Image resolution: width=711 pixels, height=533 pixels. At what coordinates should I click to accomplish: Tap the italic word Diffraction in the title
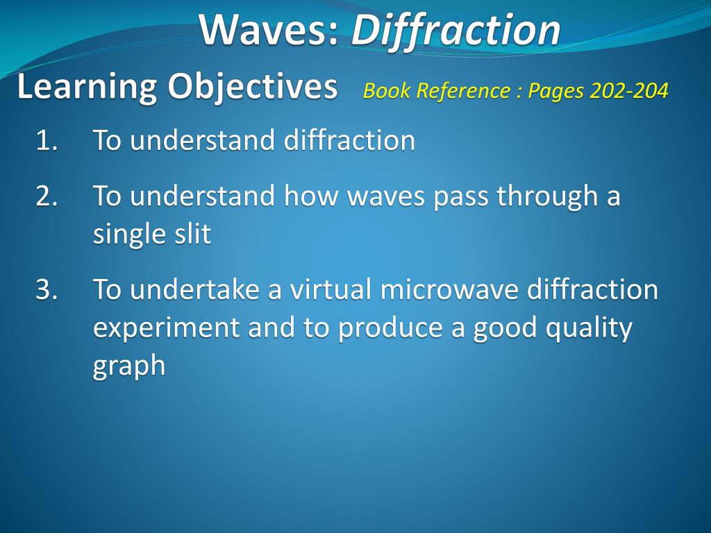tap(455, 30)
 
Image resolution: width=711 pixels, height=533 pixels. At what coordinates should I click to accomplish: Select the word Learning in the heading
tap(86, 87)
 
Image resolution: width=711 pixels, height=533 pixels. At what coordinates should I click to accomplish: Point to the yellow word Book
tap(382, 91)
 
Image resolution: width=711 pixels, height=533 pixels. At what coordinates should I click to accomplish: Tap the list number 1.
tap(47, 141)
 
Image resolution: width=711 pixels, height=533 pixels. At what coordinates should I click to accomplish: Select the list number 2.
tap(47, 196)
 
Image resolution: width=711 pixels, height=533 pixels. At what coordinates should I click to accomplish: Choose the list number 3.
tap(47, 289)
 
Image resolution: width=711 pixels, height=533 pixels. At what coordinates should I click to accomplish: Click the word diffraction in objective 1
tap(349, 141)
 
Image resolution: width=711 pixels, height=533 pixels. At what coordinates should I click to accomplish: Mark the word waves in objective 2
tap(385, 196)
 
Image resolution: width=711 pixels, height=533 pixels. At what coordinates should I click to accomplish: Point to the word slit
tap(192, 234)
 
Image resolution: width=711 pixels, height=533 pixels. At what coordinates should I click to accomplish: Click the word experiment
tap(167, 328)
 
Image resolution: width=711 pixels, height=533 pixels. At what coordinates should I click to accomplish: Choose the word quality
tap(589, 328)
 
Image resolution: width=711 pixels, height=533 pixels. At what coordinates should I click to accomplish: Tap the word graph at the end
tap(129, 366)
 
